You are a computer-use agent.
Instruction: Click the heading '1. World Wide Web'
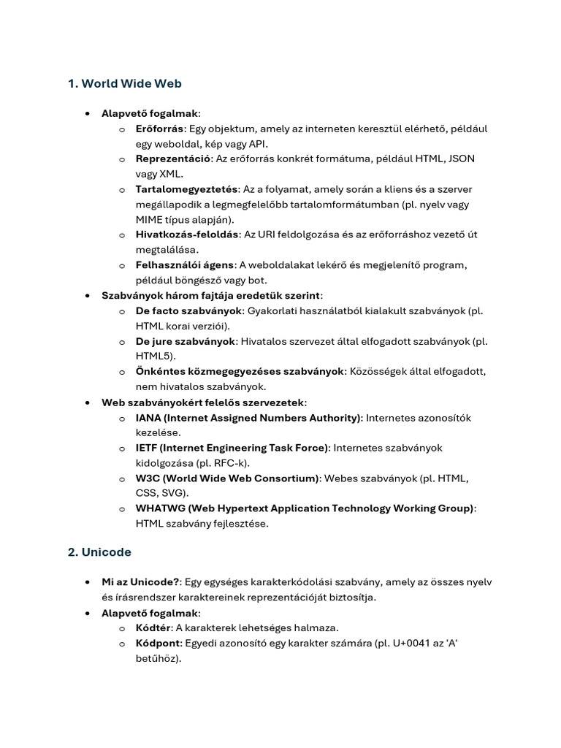pos(124,83)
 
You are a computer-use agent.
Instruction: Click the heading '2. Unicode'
pos(99,552)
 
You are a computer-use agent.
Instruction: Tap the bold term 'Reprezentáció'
pos(173,159)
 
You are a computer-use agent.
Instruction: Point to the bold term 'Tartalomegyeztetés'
pos(186,189)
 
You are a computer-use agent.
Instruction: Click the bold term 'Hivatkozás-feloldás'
pos(187,234)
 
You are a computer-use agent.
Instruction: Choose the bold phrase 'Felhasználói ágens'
pos(185,264)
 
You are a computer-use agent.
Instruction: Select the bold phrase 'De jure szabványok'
pos(186,341)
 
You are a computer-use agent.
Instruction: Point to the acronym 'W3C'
pos(148,478)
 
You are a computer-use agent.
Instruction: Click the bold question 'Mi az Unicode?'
pos(140,582)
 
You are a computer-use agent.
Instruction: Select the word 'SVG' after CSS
pos(175,493)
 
